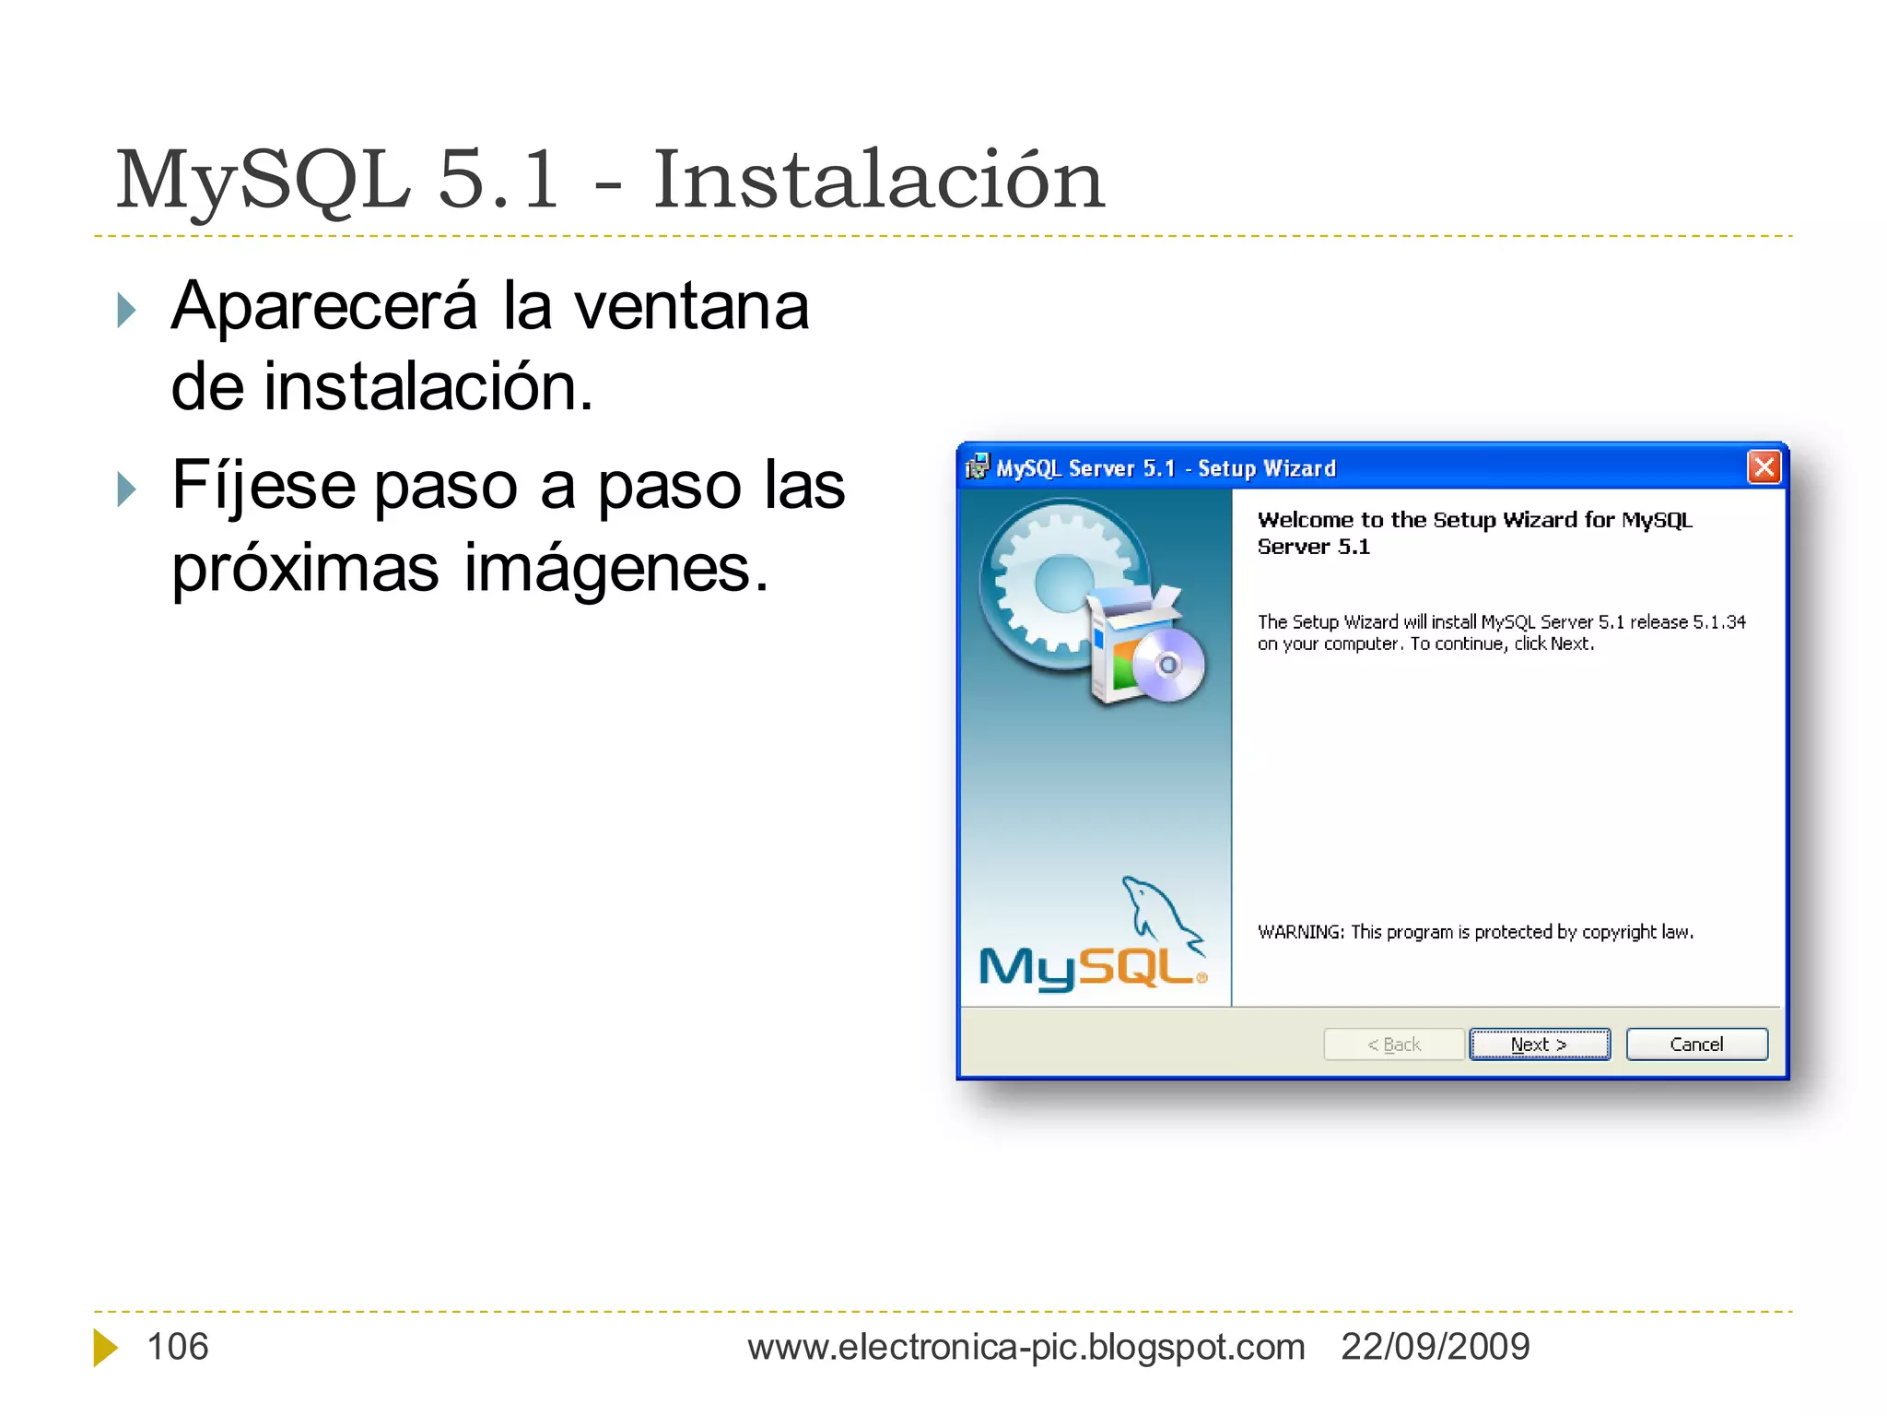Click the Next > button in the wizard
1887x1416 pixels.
1539,1044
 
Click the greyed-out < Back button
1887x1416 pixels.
1393,1044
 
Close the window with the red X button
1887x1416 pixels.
1764,467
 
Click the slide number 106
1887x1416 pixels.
178,1347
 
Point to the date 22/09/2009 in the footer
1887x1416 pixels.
1435,1347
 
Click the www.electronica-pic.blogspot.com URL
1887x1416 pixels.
1026,1347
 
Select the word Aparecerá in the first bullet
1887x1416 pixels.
324,306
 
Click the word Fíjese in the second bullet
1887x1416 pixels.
263,486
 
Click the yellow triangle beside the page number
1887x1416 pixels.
105,1348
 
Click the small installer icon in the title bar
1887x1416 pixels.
976,467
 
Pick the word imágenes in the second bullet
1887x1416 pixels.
615,569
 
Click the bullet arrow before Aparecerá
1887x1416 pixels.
127,310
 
